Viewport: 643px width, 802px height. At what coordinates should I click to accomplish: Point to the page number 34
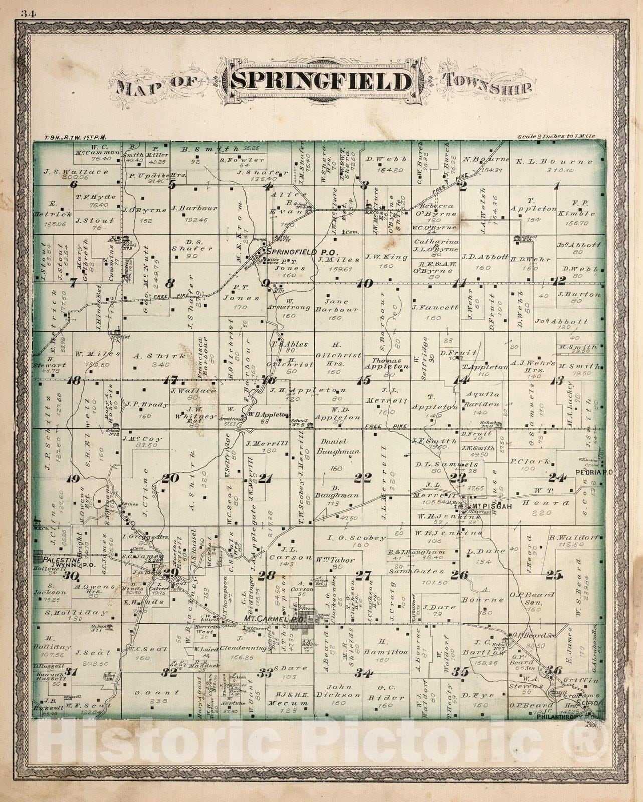(x=27, y=14)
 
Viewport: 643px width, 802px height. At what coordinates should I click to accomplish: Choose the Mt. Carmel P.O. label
(x=274, y=619)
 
